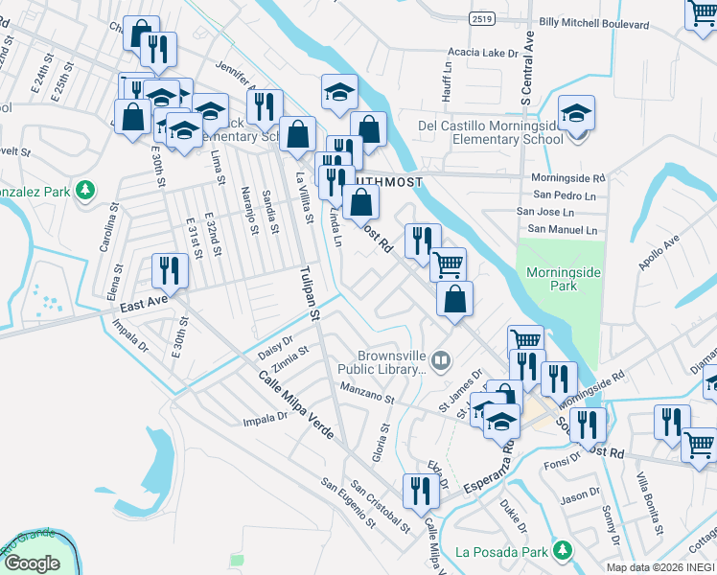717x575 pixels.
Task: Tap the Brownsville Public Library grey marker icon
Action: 441,361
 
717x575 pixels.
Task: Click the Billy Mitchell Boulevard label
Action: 587,20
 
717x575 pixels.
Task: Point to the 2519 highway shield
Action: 483,17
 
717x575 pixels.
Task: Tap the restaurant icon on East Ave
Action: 170,270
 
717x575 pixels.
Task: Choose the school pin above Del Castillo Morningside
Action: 577,112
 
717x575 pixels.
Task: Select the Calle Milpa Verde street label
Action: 294,405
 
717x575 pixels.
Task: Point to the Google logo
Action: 33,563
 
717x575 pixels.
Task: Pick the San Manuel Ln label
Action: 563,230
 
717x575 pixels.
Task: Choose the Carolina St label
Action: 107,227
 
